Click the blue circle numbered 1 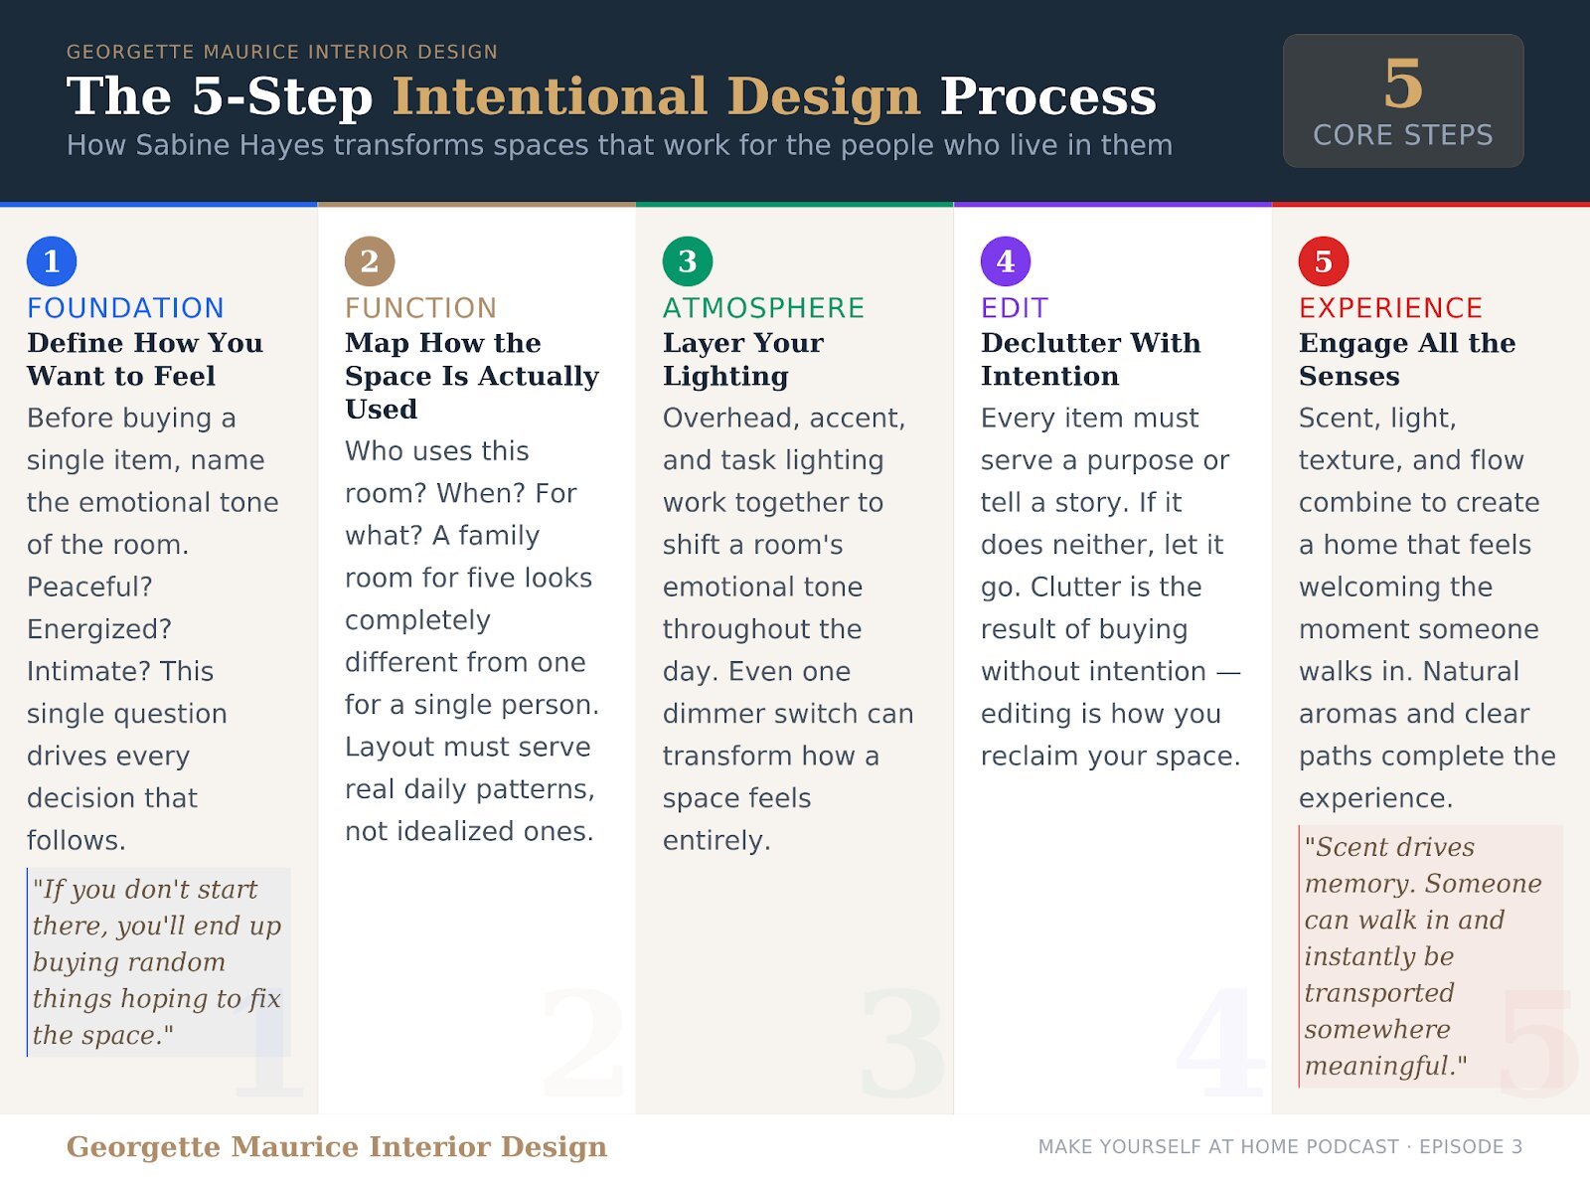[52, 261]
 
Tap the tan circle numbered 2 [370, 261]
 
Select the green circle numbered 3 [688, 261]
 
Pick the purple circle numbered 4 [1006, 261]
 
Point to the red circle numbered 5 [1324, 261]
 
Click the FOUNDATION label [125, 307]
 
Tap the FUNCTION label [420, 307]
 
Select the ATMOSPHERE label [763, 307]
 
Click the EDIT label [1015, 307]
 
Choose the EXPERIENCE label [1390, 307]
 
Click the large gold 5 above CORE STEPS [1403, 84]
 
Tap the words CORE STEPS [1403, 135]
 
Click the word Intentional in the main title [550, 96]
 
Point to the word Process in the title [1048, 96]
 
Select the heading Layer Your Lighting [743, 359]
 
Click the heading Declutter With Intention [1090, 359]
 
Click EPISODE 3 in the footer [1471, 1147]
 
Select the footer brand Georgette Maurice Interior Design [336, 1146]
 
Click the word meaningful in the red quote [1380, 1067]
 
